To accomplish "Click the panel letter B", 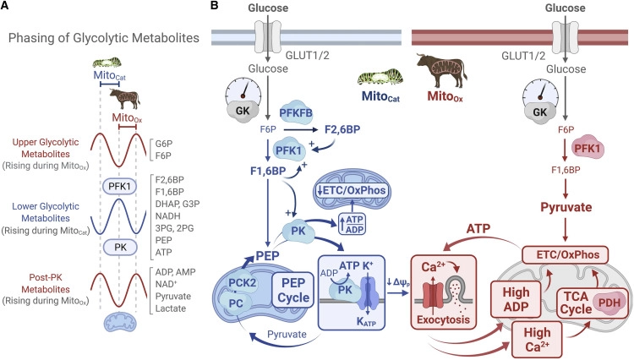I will click(x=192, y=7).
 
